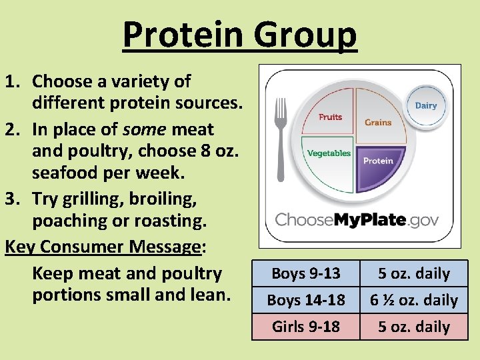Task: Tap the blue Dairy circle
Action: coord(425,105)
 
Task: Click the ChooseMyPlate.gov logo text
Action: coord(357,219)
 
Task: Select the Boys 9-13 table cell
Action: coord(306,273)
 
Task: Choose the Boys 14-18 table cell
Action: coord(306,300)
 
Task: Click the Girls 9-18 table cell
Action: coord(306,327)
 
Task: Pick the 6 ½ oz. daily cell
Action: coord(414,300)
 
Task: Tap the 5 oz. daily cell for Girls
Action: coord(414,327)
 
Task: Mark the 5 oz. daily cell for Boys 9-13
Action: coord(414,273)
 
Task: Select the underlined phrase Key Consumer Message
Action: coord(103,247)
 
